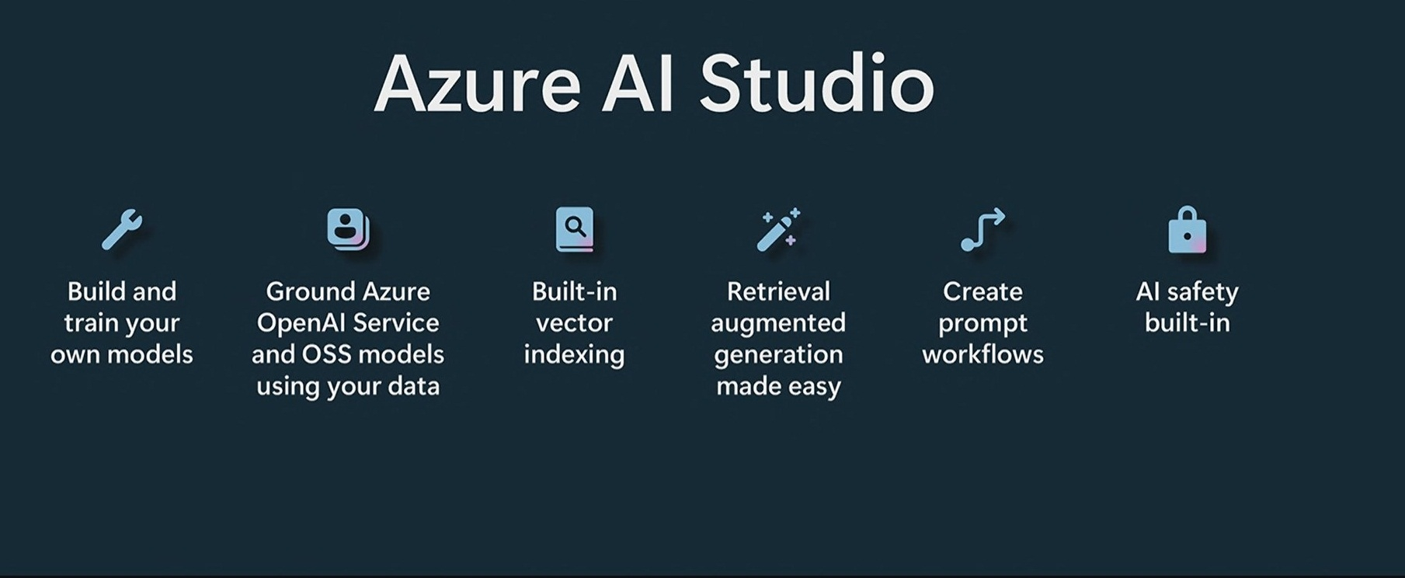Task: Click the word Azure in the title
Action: [477, 85]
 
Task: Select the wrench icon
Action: [122, 229]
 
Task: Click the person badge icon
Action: [348, 228]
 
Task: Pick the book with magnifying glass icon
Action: [575, 229]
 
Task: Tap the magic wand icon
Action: [778, 229]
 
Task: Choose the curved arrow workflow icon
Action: [982, 229]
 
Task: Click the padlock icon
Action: [1188, 229]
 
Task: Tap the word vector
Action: [574, 323]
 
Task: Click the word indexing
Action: [574, 355]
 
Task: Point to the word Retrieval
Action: [778, 291]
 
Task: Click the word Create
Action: [982, 291]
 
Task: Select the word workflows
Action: [982, 354]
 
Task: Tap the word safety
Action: [1202, 292]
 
